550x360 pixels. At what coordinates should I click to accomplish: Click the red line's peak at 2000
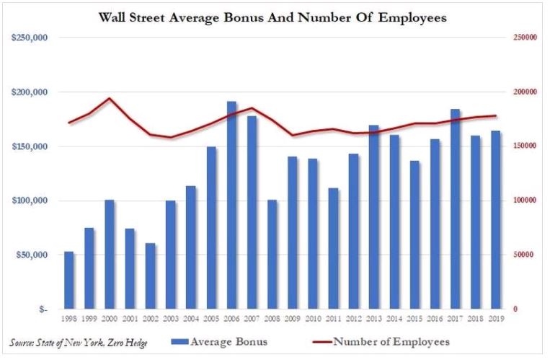pos(110,98)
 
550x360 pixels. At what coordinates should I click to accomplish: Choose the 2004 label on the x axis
pos(191,317)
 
